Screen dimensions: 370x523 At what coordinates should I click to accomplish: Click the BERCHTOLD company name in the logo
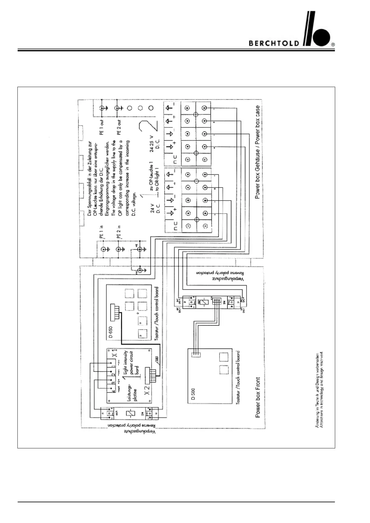click(274, 43)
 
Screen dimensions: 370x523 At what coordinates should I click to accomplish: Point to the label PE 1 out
click(102, 127)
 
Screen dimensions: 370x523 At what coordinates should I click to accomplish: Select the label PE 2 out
click(119, 127)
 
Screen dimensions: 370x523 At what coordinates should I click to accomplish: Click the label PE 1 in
click(102, 232)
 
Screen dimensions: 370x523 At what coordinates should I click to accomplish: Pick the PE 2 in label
click(119, 232)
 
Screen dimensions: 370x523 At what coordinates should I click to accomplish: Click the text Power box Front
click(258, 397)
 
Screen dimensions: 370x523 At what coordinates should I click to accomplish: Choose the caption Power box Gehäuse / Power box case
click(257, 152)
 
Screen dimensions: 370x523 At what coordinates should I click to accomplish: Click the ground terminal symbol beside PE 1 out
click(103, 108)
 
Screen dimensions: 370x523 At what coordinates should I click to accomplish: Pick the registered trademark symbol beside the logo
click(333, 45)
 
